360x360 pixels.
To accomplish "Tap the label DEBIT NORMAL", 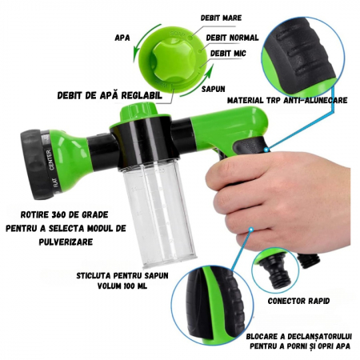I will coord(232,38).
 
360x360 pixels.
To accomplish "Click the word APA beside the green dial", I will coord(122,37).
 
